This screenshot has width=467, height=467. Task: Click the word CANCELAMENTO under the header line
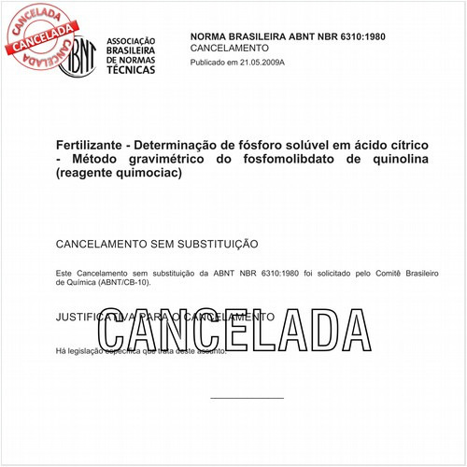(x=230, y=48)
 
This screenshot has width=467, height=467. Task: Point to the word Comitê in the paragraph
(x=365, y=273)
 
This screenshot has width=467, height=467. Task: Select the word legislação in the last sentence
(x=89, y=350)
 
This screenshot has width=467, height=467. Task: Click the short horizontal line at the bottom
(x=247, y=399)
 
